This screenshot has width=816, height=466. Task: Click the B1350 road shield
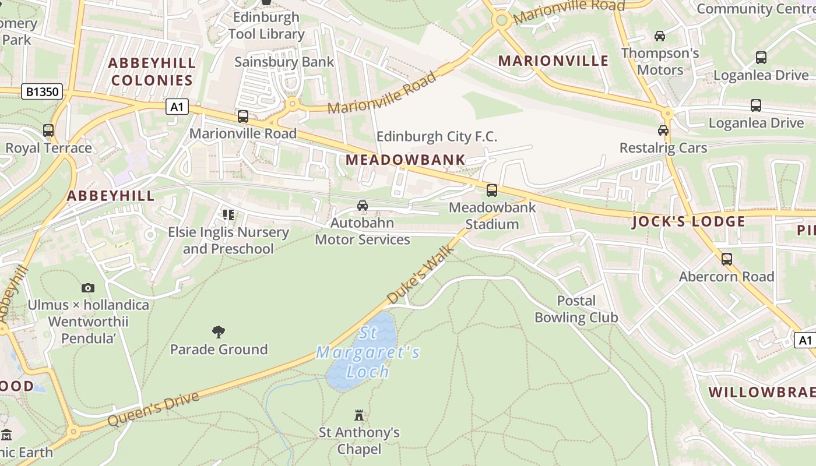click(43, 92)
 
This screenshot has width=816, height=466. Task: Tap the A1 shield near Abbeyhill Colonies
click(177, 107)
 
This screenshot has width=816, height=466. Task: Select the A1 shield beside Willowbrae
click(804, 340)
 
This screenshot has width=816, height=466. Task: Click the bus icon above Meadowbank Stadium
click(492, 190)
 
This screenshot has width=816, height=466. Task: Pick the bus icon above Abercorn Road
click(727, 259)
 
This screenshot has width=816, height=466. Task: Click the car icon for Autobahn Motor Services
click(363, 206)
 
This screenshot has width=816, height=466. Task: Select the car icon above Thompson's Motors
click(660, 36)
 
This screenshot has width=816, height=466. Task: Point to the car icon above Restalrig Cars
click(663, 130)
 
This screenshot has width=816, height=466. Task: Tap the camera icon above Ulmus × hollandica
click(88, 288)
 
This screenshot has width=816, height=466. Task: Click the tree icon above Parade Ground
click(219, 332)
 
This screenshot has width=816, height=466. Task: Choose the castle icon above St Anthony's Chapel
click(359, 415)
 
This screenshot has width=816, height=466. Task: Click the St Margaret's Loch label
click(368, 352)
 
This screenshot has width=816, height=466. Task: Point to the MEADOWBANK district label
click(406, 160)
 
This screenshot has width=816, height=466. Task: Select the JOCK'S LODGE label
click(688, 221)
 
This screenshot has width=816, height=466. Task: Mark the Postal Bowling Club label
click(576, 309)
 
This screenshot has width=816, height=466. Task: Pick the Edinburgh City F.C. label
click(437, 137)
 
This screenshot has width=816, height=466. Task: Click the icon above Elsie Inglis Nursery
click(228, 215)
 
